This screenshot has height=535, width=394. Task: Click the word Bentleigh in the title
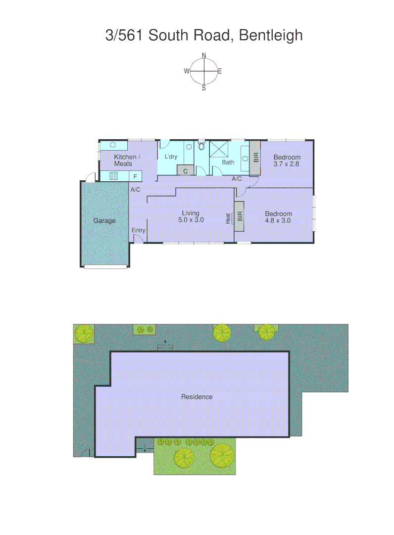click(271, 35)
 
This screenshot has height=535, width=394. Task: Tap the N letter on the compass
click(204, 55)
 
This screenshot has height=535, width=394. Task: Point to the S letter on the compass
click(204, 88)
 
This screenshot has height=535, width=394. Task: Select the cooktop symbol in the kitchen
click(114, 176)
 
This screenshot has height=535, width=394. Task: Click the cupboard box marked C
click(185, 170)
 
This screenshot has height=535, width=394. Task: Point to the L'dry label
click(171, 157)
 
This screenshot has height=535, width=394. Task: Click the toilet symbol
click(201, 146)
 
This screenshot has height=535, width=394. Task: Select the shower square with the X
click(218, 149)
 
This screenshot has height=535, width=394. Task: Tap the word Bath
click(228, 162)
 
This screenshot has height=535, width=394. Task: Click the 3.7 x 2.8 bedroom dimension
click(287, 163)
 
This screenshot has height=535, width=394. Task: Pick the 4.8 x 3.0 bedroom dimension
click(278, 220)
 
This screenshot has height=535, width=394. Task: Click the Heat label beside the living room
click(228, 218)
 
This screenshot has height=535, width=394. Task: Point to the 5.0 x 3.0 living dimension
click(191, 219)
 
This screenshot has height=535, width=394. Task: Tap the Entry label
click(139, 230)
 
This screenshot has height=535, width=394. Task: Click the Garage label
click(104, 220)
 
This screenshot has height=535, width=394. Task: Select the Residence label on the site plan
click(197, 396)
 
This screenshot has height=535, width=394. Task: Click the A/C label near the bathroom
click(237, 179)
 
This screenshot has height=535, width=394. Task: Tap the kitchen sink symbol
click(113, 145)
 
